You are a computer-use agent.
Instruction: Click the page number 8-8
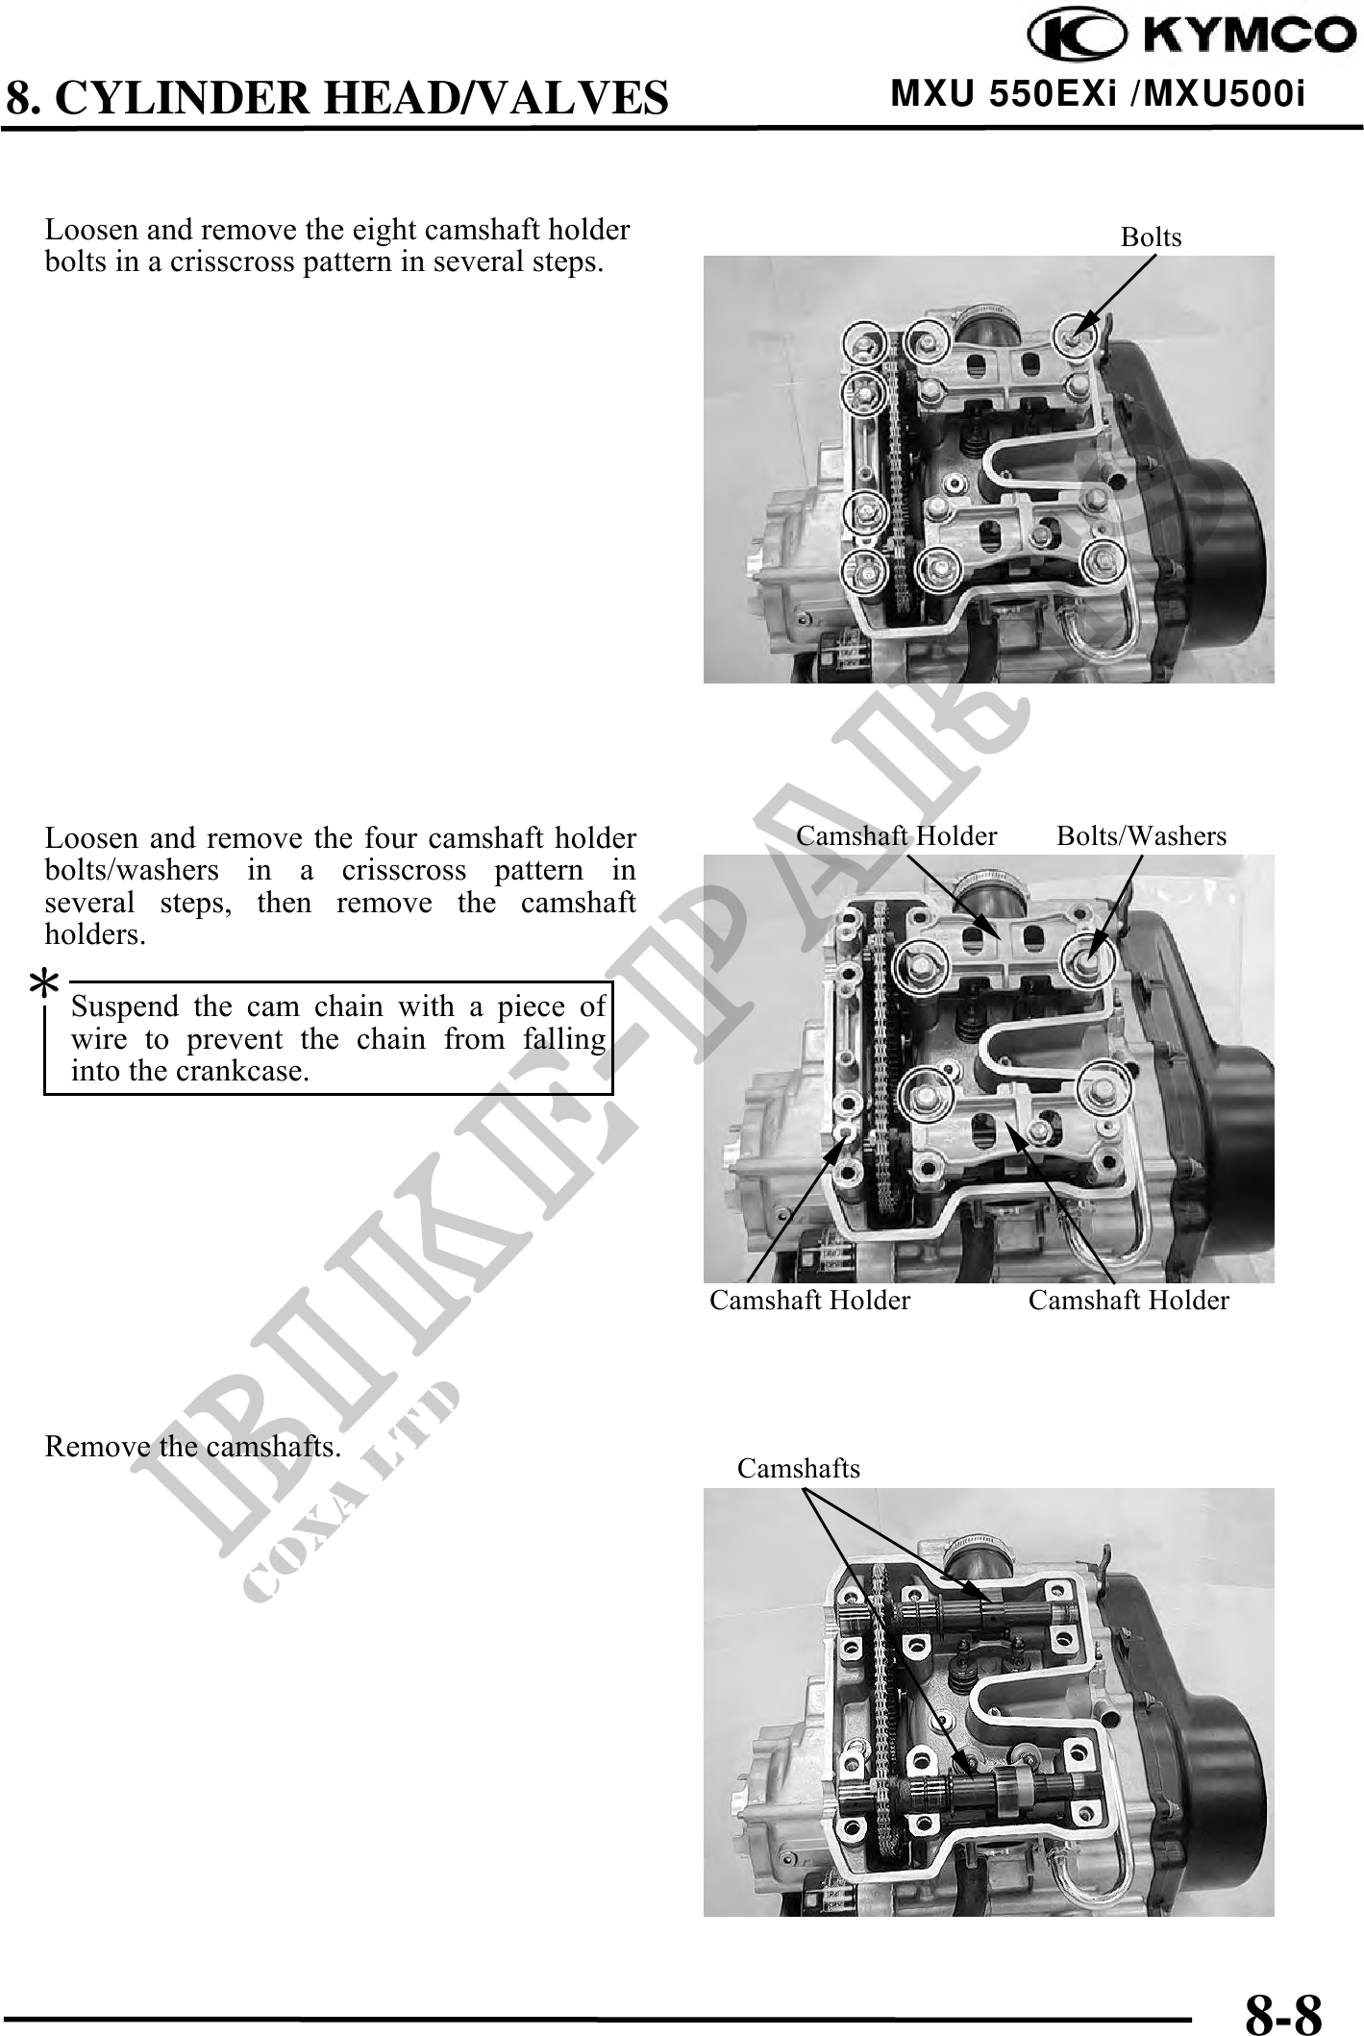pyautogui.click(x=1283, y=1989)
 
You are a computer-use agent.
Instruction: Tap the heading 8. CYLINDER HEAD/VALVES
pyautogui.click(x=336, y=97)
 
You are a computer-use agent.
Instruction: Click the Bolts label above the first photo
pyautogui.click(x=1151, y=236)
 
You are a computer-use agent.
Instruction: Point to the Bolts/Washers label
pyautogui.click(x=1141, y=835)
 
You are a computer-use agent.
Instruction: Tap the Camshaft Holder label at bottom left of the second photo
pyautogui.click(x=809, y=1301)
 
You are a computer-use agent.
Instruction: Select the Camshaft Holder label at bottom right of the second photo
pyautogui.click(x=1128, y=1301)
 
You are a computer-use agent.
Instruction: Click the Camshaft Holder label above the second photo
pyautogui.click(x=896, y=835)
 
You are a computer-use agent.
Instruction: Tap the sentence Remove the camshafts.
pyautogui.click(x=193, y=1447)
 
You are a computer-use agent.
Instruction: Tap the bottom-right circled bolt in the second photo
pyautogui.click(x=1096, y=1090)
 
